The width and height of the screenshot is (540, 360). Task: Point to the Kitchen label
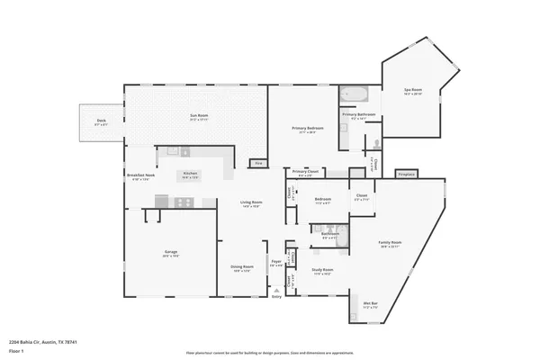coord(190,174)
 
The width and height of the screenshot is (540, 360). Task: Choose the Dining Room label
coord(241,267)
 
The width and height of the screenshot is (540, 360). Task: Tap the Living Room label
coord(250,204)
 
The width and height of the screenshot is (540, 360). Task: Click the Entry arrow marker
coord(276,289)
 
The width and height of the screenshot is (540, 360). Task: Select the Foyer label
coord(276,263)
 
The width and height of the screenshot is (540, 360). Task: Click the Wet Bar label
coord(370,304)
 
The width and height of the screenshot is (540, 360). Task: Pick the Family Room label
coord(390,243)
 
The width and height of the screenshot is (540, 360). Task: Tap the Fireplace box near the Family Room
coord(407,173)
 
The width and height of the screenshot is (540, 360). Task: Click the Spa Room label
coord(413,92)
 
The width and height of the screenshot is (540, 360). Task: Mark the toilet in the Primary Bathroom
coord(375,144)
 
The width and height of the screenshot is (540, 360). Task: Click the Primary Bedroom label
coord(309,130)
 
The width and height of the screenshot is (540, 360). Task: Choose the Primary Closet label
coord(305,172)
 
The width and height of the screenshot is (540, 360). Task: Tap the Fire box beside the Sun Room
coord(258,163)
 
